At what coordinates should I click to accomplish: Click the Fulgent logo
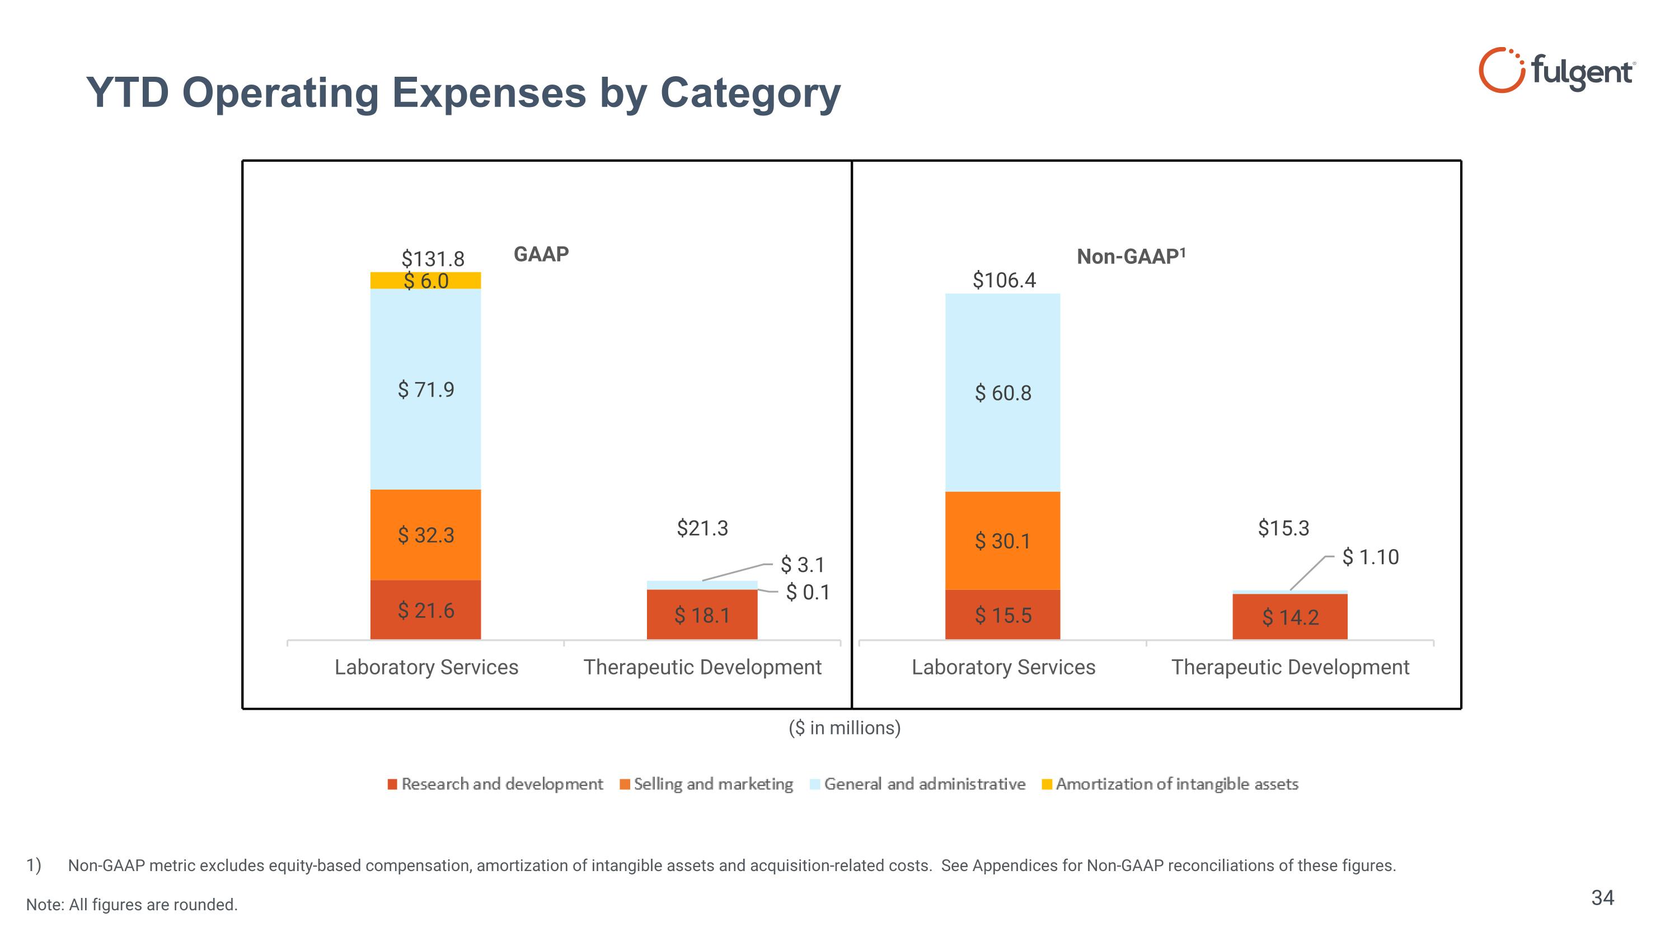tap(1556, 70)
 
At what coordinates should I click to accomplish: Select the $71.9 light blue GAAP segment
tap(425, 390)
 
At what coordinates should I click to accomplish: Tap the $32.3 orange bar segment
tap(425, 536)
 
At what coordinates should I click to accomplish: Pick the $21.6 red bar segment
tap(425, 611)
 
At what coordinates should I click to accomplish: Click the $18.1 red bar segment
tap(702, 615)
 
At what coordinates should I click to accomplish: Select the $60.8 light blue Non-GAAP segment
tap(1002, 393)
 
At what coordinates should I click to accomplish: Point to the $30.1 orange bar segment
tap(1002, 541)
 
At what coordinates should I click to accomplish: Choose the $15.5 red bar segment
tap(1002, 615)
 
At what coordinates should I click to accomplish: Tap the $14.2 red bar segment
tap(1290, 617)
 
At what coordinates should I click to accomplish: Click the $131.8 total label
tap(433, 259)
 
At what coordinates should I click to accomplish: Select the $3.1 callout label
tap(803, 564)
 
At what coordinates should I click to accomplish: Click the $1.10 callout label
tap(1370, 557)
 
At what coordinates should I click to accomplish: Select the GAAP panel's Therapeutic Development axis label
tap(702, 667)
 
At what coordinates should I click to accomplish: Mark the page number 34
tap(1602, 898)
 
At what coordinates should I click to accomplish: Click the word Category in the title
tap(750, 93)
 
